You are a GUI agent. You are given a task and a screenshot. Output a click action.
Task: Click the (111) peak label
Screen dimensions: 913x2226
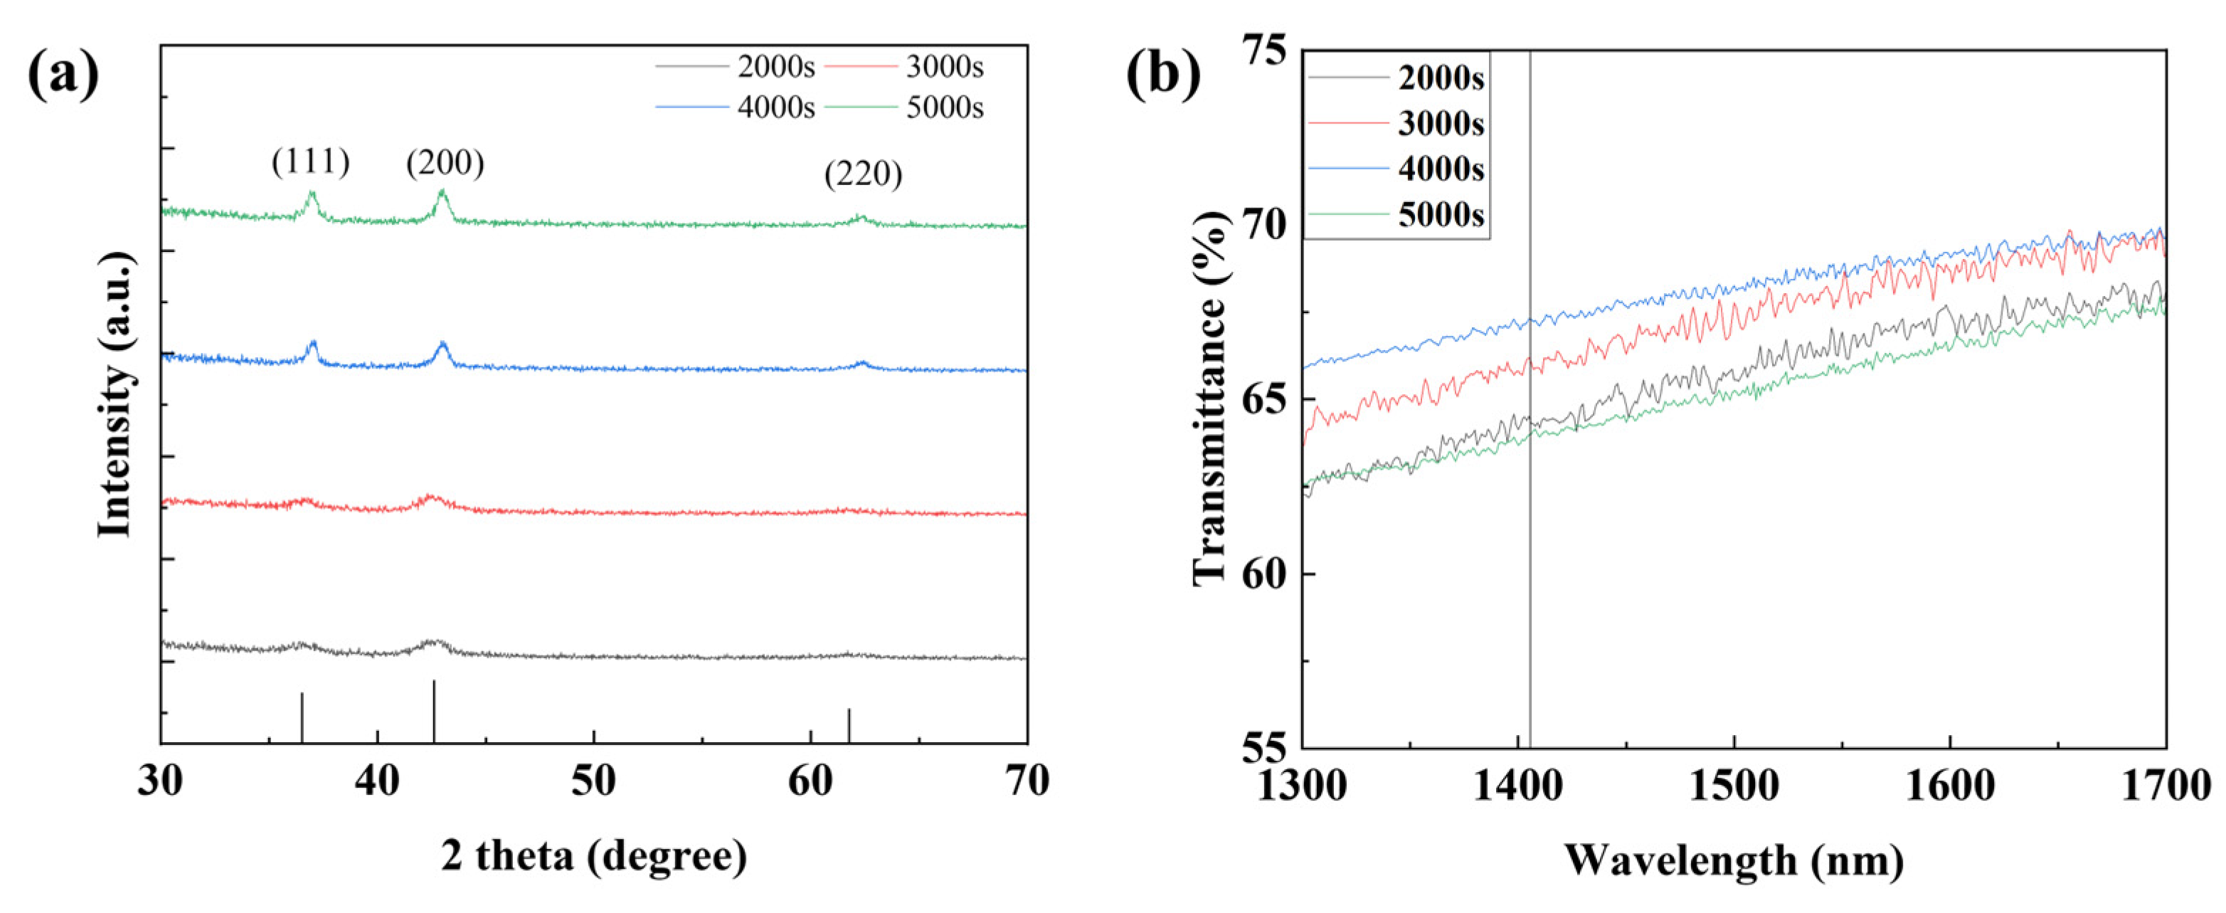(x=310, y=162)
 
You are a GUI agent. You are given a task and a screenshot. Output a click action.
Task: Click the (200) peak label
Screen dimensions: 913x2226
(x=445, y=162)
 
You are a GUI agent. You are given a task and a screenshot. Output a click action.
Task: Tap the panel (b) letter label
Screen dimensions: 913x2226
(x=1163, y=75)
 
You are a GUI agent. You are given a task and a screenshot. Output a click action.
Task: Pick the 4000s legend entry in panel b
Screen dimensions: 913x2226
(x=1441, y=169)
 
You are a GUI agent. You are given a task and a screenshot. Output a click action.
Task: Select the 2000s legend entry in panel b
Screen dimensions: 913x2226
(x=1441, y=79)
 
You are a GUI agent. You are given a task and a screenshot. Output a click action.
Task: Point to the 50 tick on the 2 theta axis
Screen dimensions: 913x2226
(x=593, y=781)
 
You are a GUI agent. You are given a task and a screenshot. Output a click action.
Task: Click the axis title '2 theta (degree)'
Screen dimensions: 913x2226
(x=593, y=856)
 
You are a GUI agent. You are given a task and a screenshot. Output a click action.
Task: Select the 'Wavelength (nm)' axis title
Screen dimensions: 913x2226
(x=1734, y=861)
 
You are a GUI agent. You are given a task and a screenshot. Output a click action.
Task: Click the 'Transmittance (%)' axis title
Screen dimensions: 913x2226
(x=1210, y=398)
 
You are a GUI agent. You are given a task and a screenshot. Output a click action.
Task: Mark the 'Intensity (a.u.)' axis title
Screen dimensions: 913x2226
(x=116, y=394)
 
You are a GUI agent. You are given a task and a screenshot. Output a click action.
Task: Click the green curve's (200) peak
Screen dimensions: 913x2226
(x=442, y=193)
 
